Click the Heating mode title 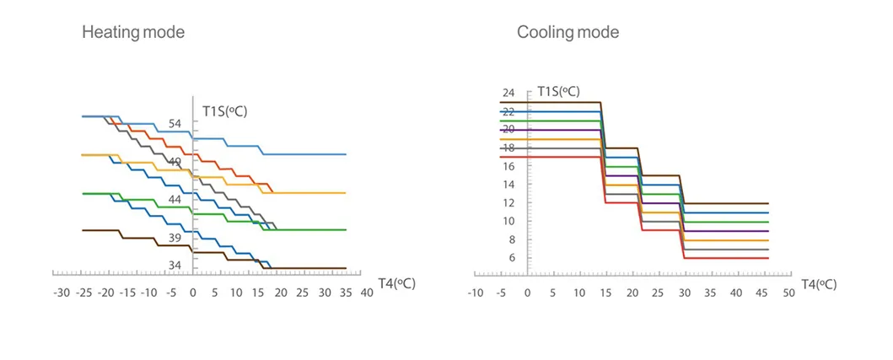(x=132, y=33)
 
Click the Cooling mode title (x=568, y=33)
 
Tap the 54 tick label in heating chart (x=175, y=124)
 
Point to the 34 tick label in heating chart (x=175, y=266)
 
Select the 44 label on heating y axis (x=175, y=199)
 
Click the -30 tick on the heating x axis (x=62, y=293)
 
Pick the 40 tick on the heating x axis (x=367, y=293)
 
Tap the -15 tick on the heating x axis (x=126, y=293)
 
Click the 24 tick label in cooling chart (x=508, y=93)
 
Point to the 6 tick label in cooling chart (x=510, y=258)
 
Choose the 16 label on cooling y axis (x=508, y=166)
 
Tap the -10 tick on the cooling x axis (x=475, y=293)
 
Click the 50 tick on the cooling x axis (x=788, y=293)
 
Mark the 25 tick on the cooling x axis (x=658, y=293)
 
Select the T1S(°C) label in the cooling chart (x=558, y=91)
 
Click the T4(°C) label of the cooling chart (x=819, y=284)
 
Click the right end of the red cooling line (x=768, y=258)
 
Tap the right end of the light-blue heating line (x=346, y=154)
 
